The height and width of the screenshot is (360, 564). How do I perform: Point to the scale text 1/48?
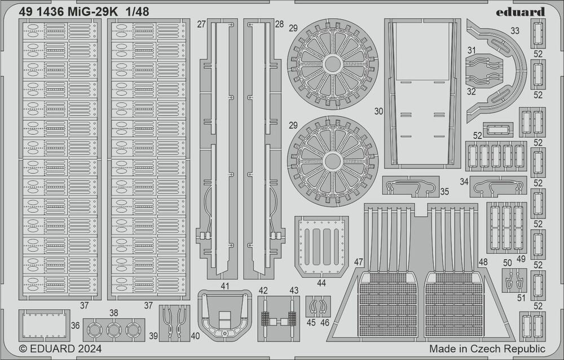138,11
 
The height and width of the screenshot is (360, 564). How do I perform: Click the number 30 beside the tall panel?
378,111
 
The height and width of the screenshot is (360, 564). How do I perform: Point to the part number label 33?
514,32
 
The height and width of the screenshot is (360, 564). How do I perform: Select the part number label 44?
322,282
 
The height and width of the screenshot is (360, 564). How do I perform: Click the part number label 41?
225,286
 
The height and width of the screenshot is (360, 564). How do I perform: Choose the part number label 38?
114,313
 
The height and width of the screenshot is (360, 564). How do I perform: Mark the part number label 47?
359,262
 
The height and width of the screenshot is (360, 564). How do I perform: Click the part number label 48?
482,262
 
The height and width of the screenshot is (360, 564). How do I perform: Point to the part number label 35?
444,191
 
